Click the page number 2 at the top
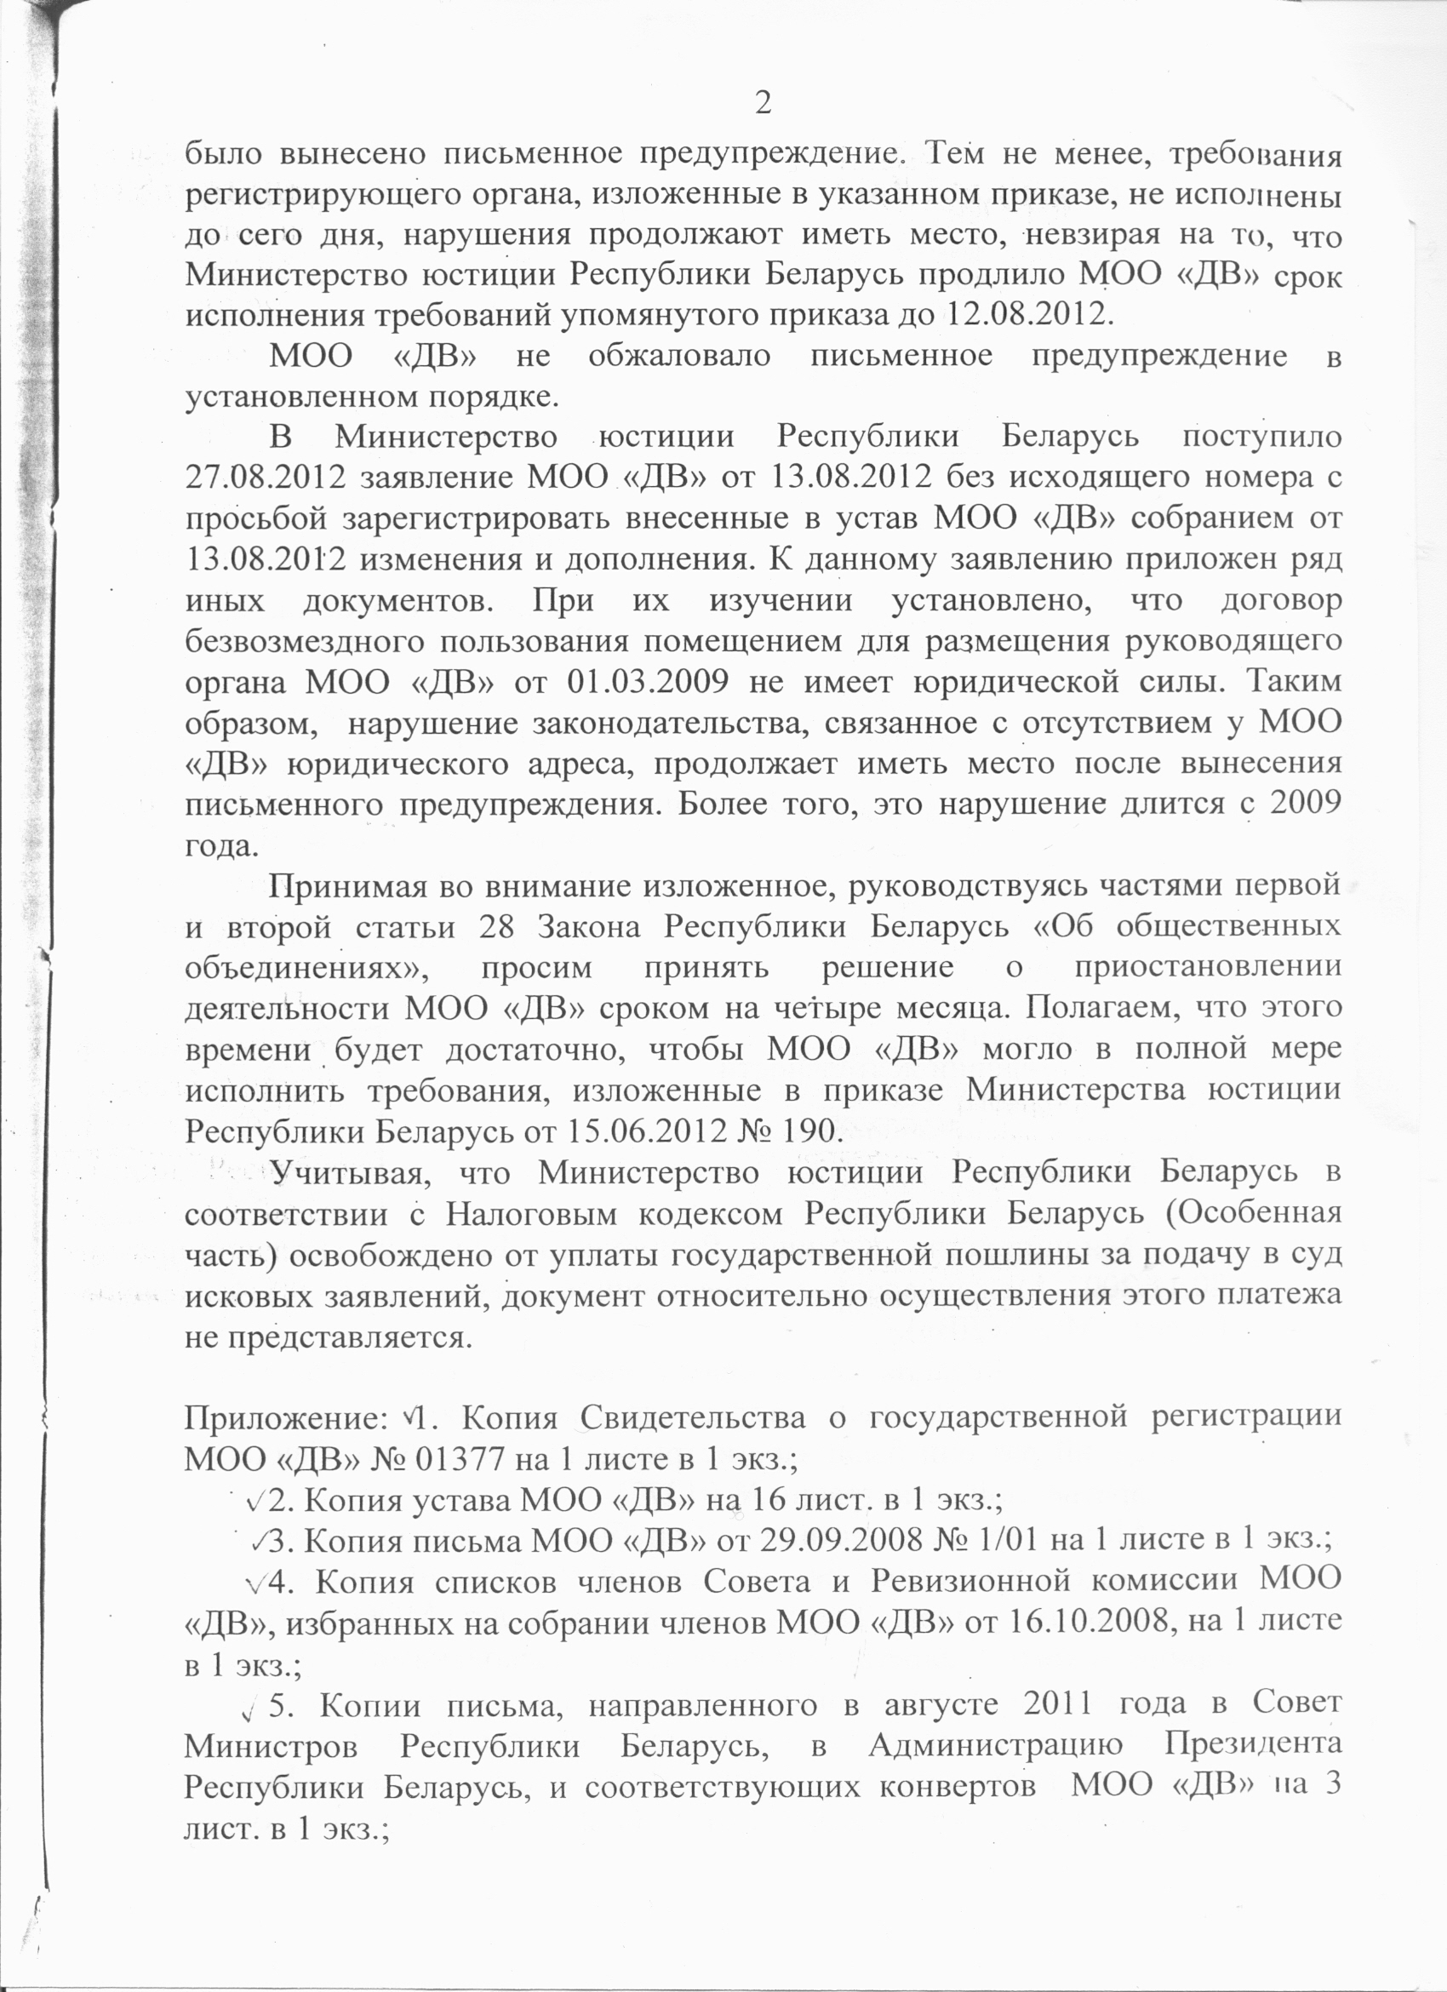point(763,104)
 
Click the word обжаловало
point(679,356)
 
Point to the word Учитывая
point(350,1172)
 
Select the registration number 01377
point(457,1460)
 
